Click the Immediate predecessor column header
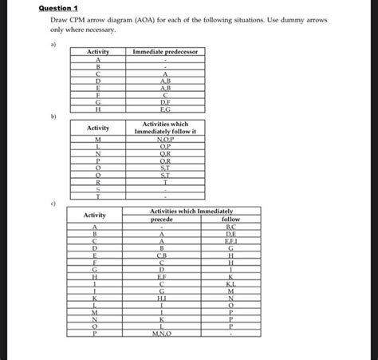[x=165, y=52]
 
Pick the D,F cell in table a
[x=165, y=102]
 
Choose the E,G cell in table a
[x=165, y=109]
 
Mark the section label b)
[x=53, y=117]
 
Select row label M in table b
[x=98, y=140]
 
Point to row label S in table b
[x=98, y=190]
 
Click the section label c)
[x=53, y=204]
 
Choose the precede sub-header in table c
[x=161, y=219]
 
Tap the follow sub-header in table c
[x=230, y=219]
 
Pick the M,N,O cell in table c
[x=161, y=334]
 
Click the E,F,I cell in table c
[x=230, y=240]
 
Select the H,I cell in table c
[x=161, y=298]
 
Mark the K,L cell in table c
[x=230, y=283]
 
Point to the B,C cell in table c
[x=230, y=226]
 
